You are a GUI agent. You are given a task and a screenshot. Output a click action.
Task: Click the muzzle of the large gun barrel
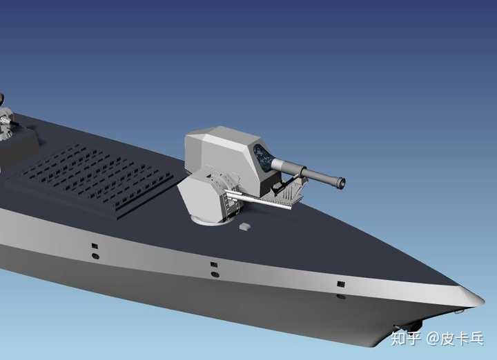tap(342, 183)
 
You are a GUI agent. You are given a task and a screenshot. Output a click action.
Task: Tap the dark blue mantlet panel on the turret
tap(262, 157)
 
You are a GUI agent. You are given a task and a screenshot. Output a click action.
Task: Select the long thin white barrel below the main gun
tap(258, 199)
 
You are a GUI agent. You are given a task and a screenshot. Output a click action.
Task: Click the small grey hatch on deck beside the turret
tap(244, 226)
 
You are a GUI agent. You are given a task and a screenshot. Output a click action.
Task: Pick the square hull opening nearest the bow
tap(341, 284)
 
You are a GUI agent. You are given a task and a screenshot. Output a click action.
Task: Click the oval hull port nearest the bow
tap(341, 297)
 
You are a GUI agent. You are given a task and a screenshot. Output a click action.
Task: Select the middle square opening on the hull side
tap(214, 264)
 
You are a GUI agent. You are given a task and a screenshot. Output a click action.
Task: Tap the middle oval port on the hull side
tap(215, 274)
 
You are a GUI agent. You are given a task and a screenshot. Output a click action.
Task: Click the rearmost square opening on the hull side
tap(95, 246)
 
